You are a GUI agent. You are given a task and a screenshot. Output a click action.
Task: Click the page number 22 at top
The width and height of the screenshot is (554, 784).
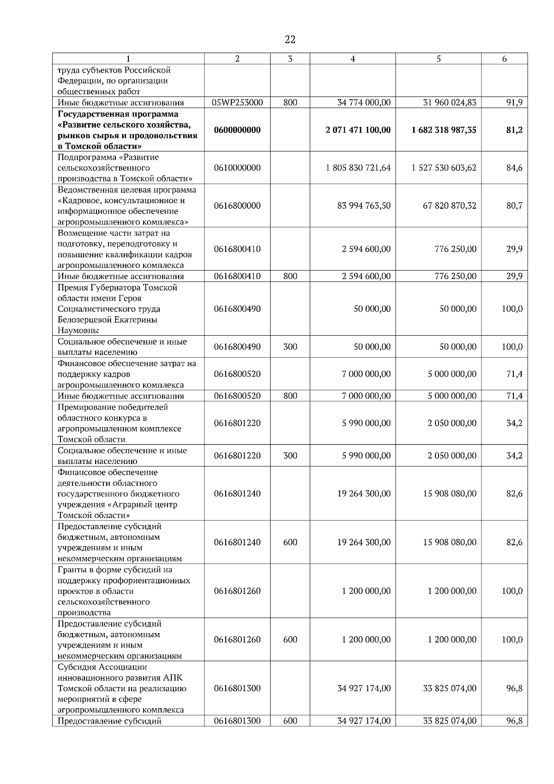pos(290,40)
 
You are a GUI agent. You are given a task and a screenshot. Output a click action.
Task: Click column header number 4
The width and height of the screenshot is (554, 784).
pos(353,59)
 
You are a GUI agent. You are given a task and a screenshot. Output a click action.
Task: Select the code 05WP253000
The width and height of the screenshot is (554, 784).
pos(237,103)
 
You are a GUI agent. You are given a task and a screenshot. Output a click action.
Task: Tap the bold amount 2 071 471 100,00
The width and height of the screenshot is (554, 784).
pos(358,130)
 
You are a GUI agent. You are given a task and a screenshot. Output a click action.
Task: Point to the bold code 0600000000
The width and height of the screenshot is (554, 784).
pos(237,130)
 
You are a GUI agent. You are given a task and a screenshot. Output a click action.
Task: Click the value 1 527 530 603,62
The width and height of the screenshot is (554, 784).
pos(444,168)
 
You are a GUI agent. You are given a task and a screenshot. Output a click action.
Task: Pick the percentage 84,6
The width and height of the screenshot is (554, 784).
pos(514,168)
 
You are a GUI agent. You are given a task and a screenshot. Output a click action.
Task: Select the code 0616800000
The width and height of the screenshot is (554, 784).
pos(237,206)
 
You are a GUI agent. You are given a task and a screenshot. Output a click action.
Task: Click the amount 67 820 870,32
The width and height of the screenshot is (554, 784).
pos(450,206)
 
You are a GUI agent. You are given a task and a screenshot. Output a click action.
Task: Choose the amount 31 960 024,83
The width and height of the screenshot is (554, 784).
pos(450,103)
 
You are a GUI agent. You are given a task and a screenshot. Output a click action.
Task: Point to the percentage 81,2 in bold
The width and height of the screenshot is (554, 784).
pos(514,130)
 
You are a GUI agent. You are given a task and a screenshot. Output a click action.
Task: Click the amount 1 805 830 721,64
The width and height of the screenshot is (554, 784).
pos(358,168)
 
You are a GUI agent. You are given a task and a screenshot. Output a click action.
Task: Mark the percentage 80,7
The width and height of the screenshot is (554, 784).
pos(514,206)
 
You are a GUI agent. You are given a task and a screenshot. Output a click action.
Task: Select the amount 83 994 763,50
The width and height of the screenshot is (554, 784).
pos(364,206)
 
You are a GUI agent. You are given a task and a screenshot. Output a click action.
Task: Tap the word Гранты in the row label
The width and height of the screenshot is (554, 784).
pos(72,570)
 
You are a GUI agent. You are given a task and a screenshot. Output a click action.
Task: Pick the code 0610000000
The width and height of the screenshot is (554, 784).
pos(237,168)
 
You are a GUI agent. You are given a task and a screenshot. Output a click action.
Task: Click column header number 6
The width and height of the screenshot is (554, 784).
pos(504,59)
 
